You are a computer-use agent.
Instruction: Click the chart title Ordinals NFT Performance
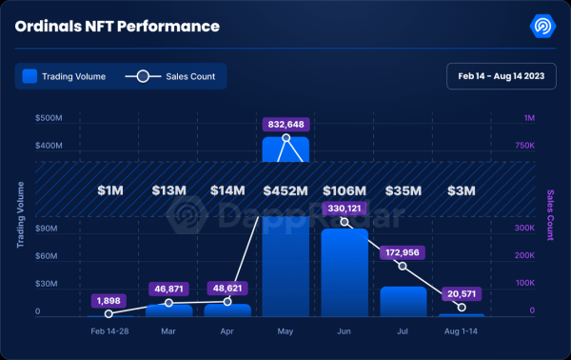tap(117, 26)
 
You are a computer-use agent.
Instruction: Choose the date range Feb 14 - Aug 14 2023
tap(501, 75)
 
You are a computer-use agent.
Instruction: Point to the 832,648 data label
tap(285, 124)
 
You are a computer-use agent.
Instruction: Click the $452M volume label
tap(285, 190)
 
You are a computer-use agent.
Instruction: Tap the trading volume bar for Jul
tap(403, 301)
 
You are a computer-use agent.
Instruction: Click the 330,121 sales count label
tap(345, 208)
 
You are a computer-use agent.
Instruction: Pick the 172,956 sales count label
tap(403, 252)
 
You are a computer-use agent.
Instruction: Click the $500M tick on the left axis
tap(49, 118)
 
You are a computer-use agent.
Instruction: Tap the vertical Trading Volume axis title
tap(20, 215)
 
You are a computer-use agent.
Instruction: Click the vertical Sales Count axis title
tap(550, 215)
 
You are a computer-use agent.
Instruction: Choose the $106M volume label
tap(345, 190)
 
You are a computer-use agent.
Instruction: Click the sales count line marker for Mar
tap(169, 303)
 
